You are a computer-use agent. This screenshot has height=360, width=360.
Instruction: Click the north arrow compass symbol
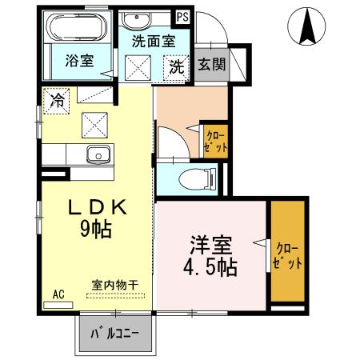tap(307, 27)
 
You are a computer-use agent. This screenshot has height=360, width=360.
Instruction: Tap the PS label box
tap(183, 15)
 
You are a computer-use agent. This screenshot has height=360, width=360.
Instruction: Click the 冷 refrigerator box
tap(58, 100)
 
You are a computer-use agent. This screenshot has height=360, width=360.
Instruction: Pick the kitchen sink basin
tap(98, 154)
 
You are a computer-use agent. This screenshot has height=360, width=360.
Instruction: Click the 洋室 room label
tap(210, 242)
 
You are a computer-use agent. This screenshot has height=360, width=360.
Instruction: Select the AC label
tap(59, 294)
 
